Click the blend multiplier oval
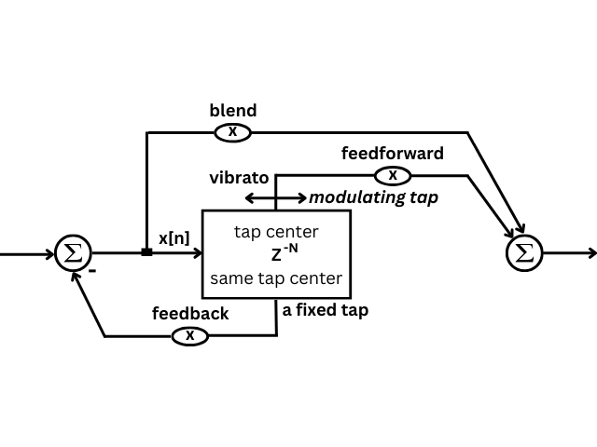(232, 132)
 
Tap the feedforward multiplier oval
(393, 175)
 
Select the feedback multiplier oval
(189, 335)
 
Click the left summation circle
(73, 252)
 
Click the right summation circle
(524, 252)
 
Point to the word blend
(232, 111)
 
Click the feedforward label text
(392, 154)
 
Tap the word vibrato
(239, 178)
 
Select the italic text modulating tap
(373, 197)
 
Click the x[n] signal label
(174, 238)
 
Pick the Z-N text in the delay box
(285, 253)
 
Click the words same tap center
(276, 278)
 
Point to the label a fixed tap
(325, 310)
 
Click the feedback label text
(190, 314)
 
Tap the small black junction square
(146, 252)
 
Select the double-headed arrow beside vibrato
(275, 197)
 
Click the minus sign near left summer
(92, 271)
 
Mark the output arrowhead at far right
(591, 252)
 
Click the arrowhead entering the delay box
(197, 252)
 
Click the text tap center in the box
(276, 232)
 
